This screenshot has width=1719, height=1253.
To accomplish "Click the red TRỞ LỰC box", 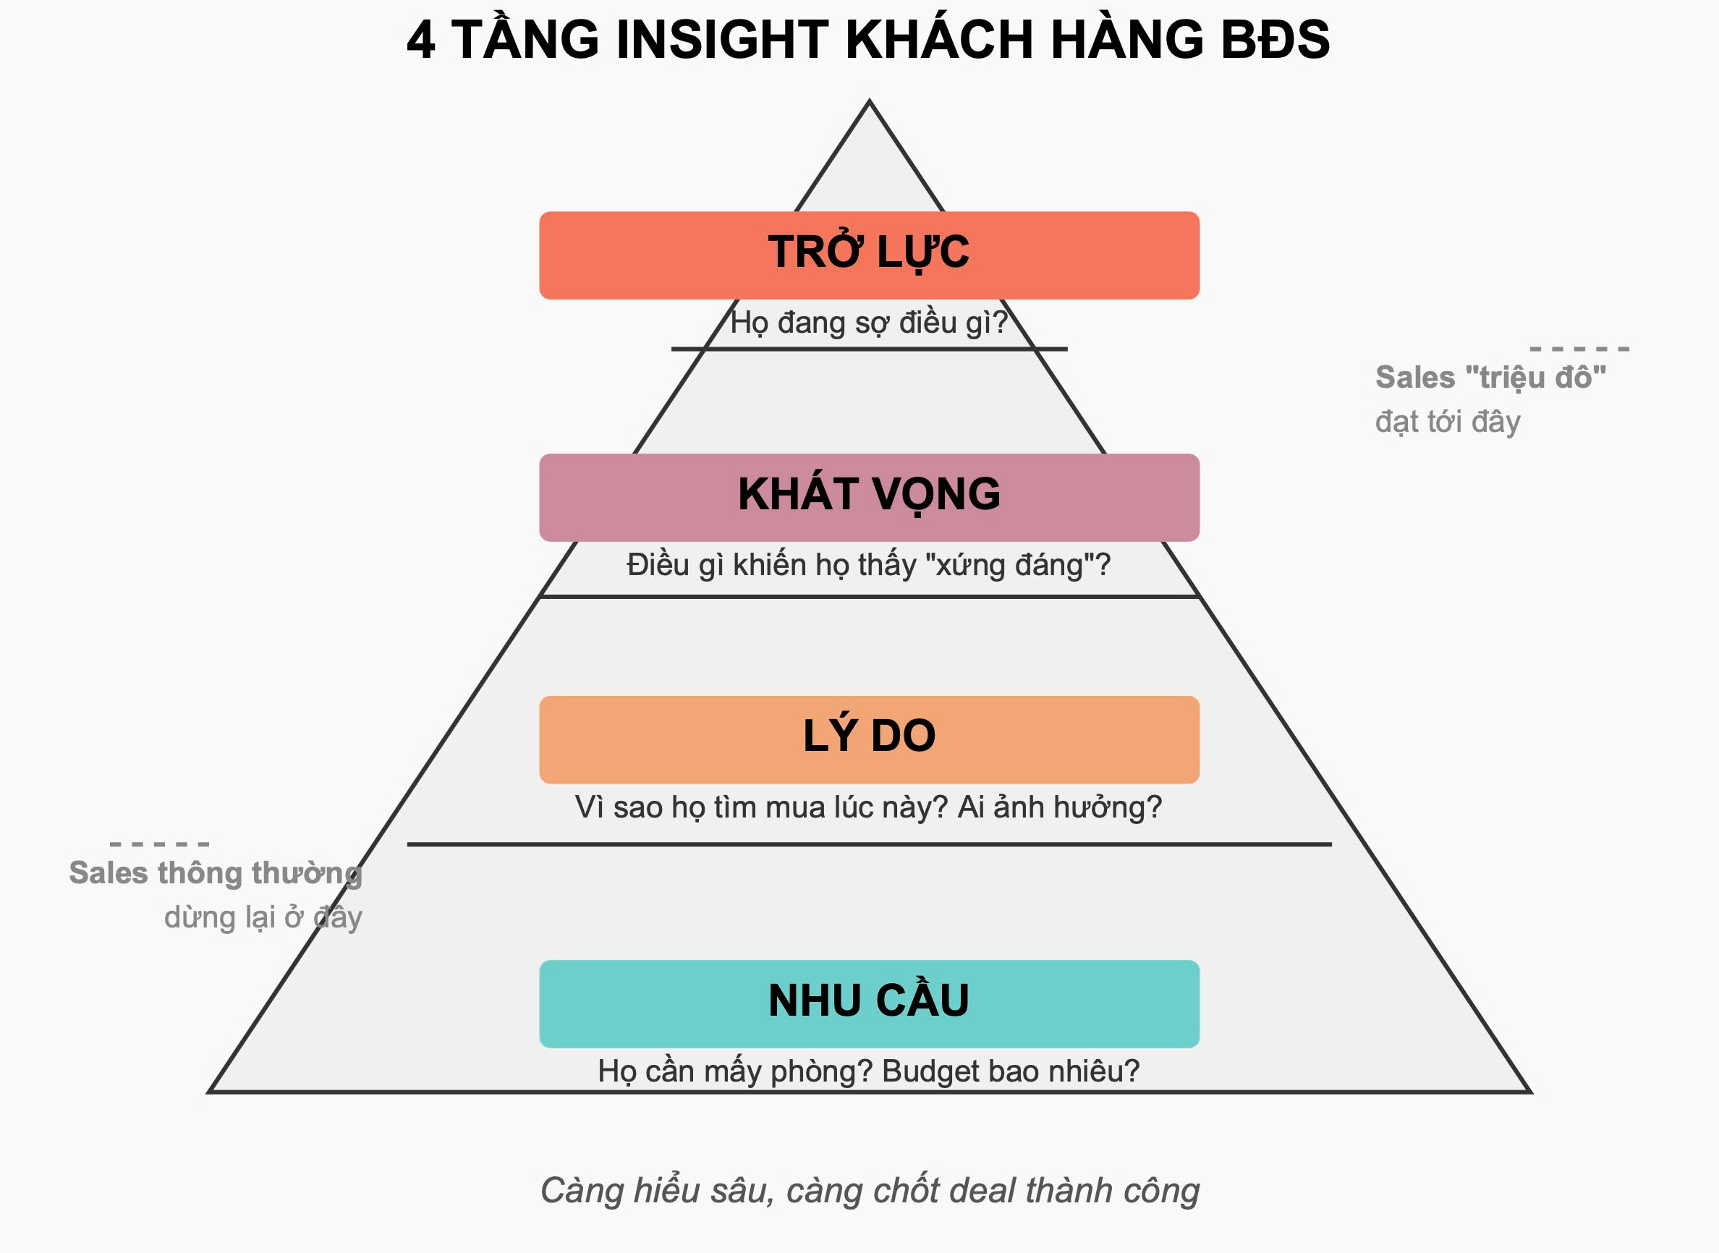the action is point(869,255).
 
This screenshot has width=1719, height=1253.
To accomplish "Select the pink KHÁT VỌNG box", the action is point(869,497).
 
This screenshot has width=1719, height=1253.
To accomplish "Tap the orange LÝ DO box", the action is point(869,739).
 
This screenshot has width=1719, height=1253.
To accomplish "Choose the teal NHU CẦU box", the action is point(869,1003).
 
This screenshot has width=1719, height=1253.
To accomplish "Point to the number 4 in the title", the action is point(420,40).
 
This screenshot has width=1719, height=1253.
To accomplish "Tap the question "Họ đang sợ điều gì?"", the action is point(869,323).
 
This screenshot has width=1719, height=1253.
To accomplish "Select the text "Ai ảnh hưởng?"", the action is point(1059,807).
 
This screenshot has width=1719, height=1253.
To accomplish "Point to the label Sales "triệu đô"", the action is point(1490,377).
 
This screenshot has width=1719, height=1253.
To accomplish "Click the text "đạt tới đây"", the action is point(1448,422).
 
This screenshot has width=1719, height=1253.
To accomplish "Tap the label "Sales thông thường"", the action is point(216,873).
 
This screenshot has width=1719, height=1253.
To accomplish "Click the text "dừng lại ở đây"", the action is point(263,918).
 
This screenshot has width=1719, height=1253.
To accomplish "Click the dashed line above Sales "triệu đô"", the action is point(1579,349).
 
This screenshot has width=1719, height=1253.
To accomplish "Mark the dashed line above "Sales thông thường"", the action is point(159,844).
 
